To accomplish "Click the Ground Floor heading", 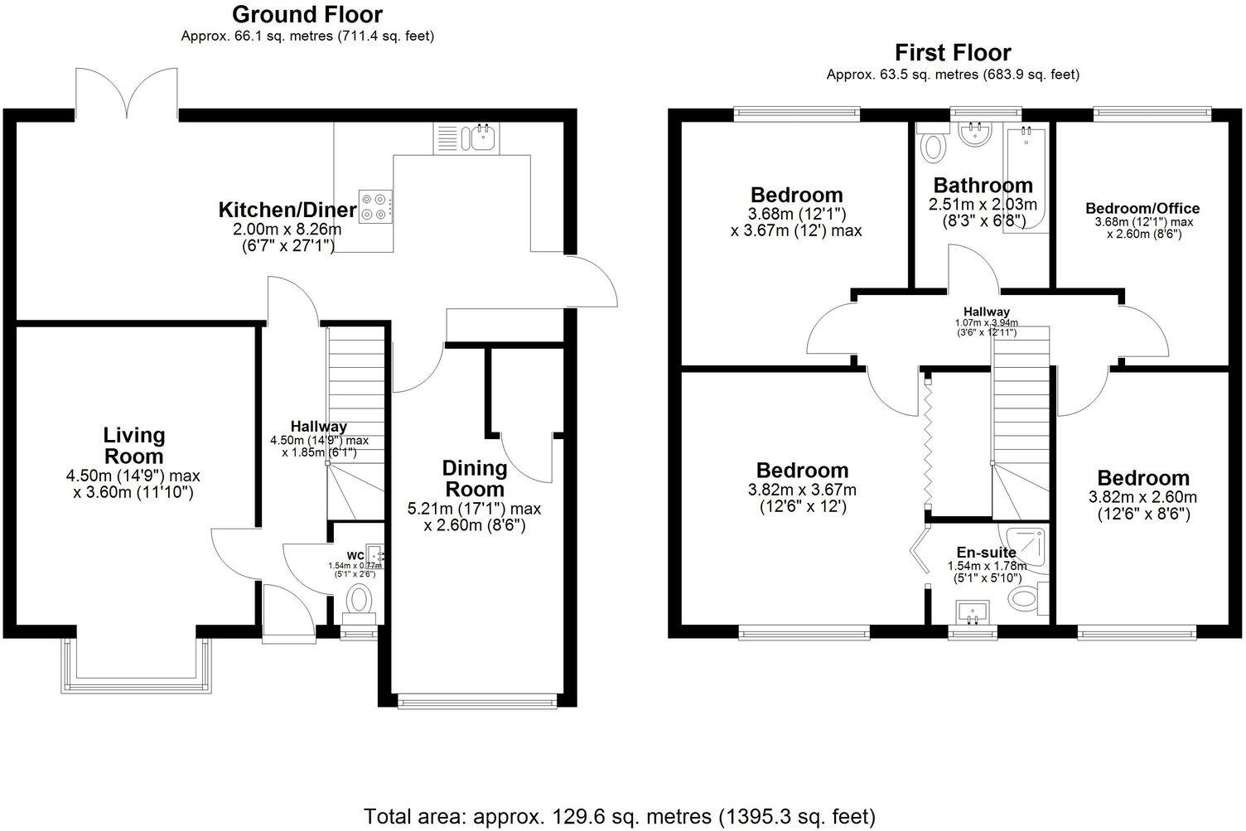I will [x=307, y=14].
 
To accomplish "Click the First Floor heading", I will [x=953, y=52].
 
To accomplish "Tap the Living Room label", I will [x=133, y=445].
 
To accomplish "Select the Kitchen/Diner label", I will [x=287, y=210].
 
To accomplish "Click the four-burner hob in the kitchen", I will [x=376, y=205].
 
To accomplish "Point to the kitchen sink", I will [x=480, y=137].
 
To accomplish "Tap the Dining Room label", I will [x=474, y=478].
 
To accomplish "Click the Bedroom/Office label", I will [x=1142, y=208].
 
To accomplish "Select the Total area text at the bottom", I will [x=619, y=815].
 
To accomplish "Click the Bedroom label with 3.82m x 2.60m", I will [x=1142, y=478].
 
